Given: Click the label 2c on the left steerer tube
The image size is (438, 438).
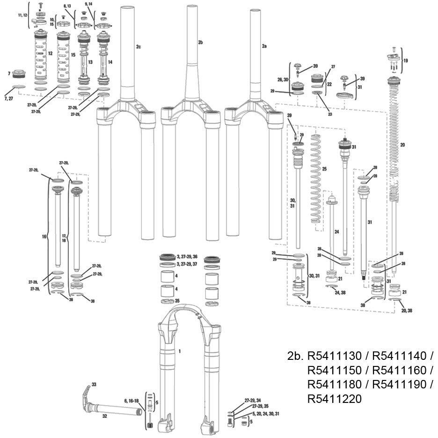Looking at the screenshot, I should pos(138,47).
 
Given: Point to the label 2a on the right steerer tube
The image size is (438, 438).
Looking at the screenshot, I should pos(264,47).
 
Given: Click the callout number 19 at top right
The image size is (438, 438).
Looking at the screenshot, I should pos(405,60).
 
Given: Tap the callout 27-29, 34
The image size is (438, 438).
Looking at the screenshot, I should pos(253,401).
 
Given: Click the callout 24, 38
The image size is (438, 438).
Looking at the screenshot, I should pos(340,292).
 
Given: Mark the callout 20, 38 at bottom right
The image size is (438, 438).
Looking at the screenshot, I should pos(406,310).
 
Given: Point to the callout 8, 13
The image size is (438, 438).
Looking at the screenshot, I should pos(67,6).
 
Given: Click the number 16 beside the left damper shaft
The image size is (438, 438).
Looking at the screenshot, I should pos(44,237).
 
